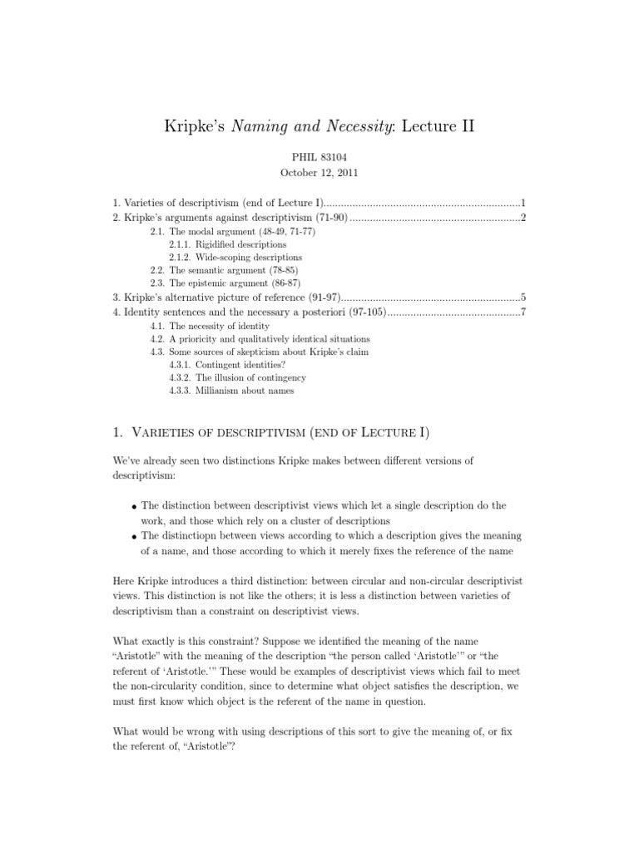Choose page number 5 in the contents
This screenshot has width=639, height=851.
coord(523,297)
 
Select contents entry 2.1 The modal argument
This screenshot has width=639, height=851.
coord(233,232)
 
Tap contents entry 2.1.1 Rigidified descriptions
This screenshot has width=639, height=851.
coord(227,245)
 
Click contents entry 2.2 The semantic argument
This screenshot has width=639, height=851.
coord(224,271)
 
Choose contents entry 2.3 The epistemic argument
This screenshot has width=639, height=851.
coord(224,283)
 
